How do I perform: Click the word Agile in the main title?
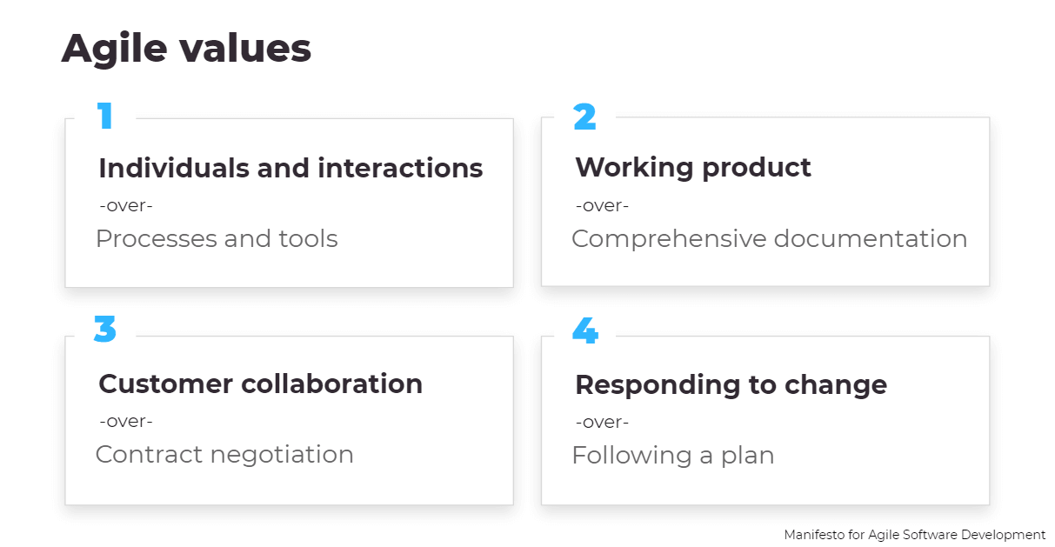tap(115, 50)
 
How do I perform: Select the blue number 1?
tap(105, 116)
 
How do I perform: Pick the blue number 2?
tap(584, 117)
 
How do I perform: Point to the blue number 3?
tap(105, 329)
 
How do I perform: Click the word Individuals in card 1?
tap(174, 168)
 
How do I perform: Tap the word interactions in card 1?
tap(400, 168)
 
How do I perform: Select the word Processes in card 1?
tap(157, 238)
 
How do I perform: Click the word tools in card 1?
tap(308, 238)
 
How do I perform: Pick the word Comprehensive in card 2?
tap(669, 239)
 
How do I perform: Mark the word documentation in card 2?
tap(871, 238)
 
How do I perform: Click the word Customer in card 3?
tap(166, 384)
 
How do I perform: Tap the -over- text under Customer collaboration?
tap(126, 421)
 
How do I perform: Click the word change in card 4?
tap(836, 386)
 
